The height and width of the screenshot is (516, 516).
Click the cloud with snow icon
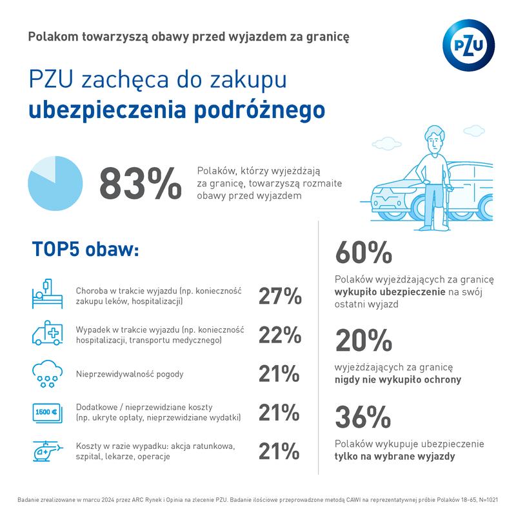click(46, 373)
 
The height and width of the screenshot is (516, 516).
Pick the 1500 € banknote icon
click(46, 412)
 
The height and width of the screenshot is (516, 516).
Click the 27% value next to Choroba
click(280, 296)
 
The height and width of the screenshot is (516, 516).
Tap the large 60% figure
click(363, 252)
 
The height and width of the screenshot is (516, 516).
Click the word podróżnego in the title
click(259, 110)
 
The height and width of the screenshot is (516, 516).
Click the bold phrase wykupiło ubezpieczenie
click(390, 292)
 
